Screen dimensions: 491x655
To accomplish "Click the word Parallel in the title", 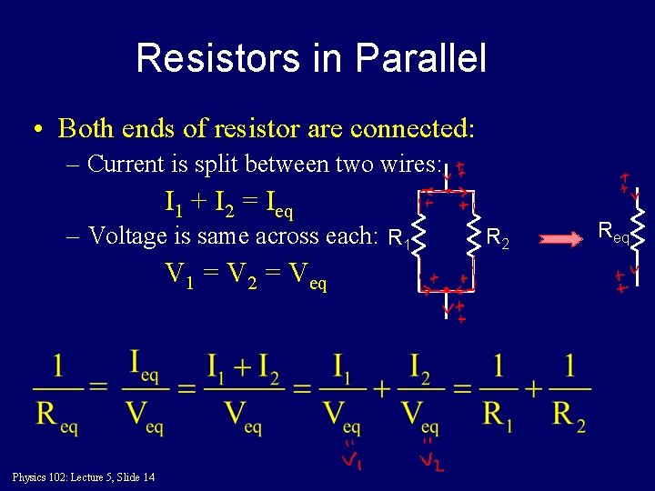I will pos(421,59).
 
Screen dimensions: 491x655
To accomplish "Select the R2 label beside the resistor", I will pos(498,240).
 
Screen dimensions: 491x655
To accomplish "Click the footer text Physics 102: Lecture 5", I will pos(83,477).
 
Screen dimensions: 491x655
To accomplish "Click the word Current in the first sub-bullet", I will pos(126,165).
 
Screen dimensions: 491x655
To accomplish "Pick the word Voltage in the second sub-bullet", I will pos(129,236).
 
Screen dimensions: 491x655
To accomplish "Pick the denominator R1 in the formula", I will pos(497,416).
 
